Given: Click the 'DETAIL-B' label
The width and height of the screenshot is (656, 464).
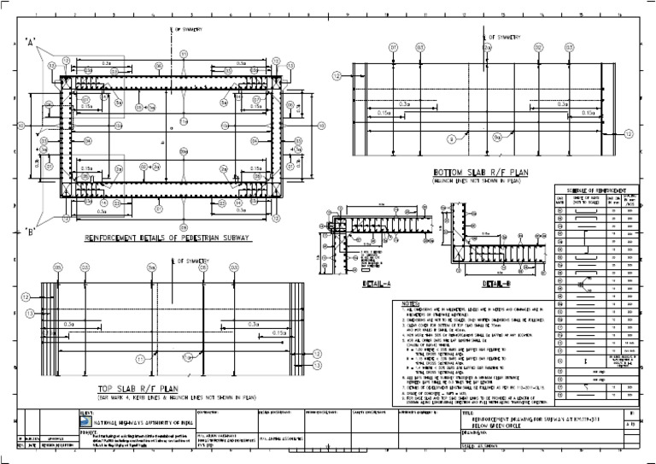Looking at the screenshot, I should coord(498,283).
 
